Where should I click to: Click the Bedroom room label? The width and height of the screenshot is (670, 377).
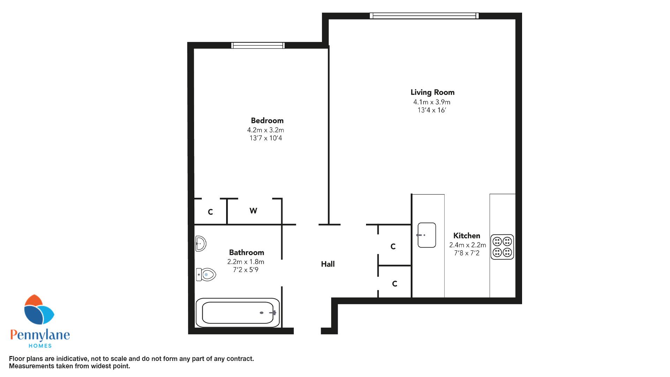tap(267, 121)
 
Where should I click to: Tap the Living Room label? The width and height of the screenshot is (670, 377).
tap(432, 93)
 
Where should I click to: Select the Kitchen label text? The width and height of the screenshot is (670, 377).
tap(467, 236)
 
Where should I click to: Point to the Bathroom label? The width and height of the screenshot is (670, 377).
tap(246, 252)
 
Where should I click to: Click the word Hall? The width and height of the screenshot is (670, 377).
tap(328, 264)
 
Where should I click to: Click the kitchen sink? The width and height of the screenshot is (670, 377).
tap(427, 235)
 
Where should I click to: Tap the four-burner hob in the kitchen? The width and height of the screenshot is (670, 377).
tap(502, 247)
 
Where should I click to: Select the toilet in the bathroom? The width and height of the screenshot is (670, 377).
tap(206, 274)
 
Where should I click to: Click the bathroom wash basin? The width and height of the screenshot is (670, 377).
tap(201, 244)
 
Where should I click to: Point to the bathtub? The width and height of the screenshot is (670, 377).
tap(238, 312)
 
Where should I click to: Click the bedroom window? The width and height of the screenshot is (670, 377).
tap(258, 45)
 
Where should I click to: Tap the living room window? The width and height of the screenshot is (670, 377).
tap(424, 16)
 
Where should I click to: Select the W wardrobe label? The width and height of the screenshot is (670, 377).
tap(253, 211)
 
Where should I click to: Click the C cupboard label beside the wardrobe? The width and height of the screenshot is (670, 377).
tap(210, 212)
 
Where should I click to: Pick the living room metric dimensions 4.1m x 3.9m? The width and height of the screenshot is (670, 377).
tap(432, 102)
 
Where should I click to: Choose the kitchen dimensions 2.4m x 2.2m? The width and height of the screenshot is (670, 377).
tap(468, 245)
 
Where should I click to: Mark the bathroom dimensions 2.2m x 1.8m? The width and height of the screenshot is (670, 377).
tap(246, 262)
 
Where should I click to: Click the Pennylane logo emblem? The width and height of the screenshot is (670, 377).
tap(39, 309)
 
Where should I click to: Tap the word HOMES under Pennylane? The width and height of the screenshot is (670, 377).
tap(40, 346)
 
